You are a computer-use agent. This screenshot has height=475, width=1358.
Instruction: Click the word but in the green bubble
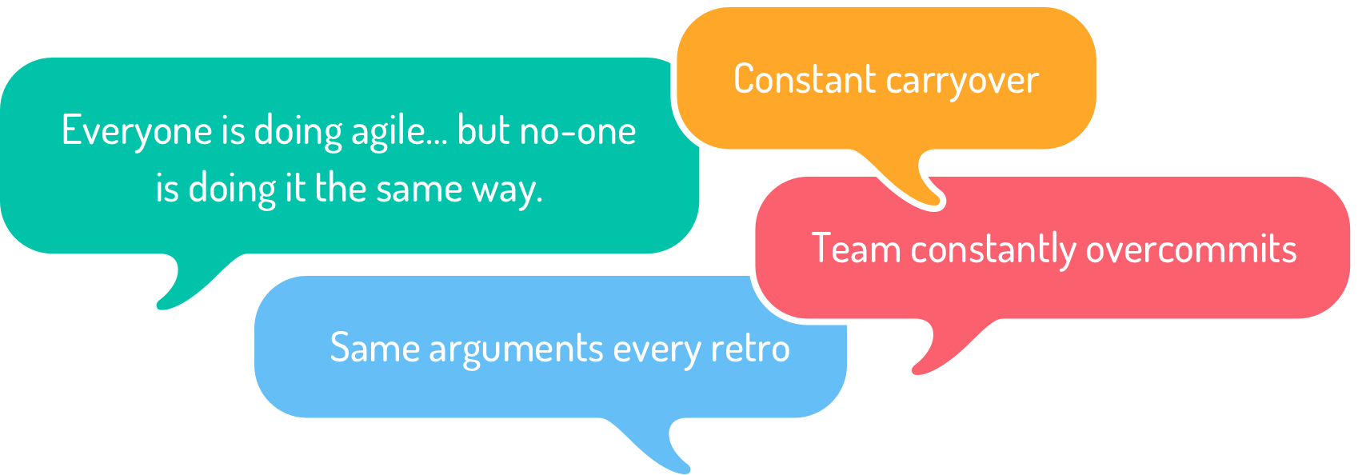482,130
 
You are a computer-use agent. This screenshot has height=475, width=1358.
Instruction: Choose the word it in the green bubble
295,190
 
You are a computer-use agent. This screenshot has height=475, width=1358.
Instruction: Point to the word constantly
993,249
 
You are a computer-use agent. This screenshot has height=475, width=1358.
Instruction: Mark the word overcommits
1191,249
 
